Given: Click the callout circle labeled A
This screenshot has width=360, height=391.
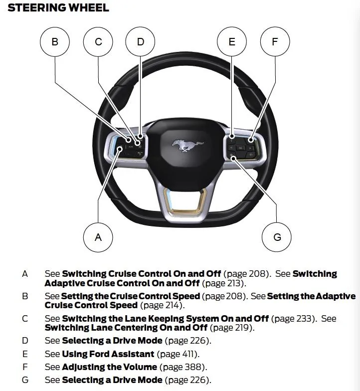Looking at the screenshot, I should [x=98, y=237].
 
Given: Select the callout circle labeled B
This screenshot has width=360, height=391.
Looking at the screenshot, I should [x=54, y=42].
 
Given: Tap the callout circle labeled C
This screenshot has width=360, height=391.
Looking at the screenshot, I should [x=98, y=42].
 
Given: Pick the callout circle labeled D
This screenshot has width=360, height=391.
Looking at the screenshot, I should [x=140, y=42].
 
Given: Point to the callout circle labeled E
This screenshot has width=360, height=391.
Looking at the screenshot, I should [x=232, y=42].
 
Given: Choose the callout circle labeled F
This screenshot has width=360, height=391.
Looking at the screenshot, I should [x=274, y=42].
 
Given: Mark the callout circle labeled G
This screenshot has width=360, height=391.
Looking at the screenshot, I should [x=277, y=237].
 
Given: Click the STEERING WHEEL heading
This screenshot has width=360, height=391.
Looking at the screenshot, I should [x=58, y=8].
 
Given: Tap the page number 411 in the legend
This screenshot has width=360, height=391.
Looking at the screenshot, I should [x=189, y=354].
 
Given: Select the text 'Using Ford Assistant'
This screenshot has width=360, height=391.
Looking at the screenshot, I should [x=108, y=354].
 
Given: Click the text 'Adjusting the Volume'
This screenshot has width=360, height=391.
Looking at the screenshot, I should [x=110, y=367].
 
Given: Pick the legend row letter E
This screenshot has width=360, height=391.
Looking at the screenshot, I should [x=25, y=354].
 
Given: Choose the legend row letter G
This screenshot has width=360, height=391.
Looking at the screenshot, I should [x=25, y=380].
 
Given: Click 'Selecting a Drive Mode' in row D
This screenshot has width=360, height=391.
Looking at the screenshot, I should [x=112, y=341].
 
